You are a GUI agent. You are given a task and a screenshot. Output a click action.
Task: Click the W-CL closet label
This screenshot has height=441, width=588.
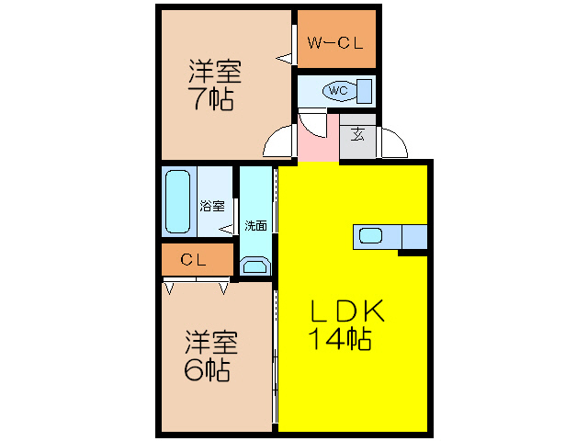[x=335, y=41]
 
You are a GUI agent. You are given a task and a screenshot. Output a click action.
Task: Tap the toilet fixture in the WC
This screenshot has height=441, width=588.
[x=339, y=91]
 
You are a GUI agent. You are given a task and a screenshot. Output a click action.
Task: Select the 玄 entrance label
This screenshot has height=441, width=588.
[x=358, y=134]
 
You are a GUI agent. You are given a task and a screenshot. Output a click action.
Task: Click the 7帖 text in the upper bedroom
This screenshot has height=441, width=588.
[x=211, y=98]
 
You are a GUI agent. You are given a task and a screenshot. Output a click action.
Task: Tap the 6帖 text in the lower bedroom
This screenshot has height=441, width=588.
[x=206, y=370]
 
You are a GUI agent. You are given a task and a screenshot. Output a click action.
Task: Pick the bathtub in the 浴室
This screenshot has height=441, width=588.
[x=177, y=202]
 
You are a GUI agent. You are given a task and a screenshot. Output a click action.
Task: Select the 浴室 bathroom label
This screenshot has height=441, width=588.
[x=212, y=206]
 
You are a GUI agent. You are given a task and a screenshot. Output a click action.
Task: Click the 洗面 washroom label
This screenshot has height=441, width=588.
[x=256, y=225]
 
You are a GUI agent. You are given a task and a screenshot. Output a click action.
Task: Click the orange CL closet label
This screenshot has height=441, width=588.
[x=194, y=260]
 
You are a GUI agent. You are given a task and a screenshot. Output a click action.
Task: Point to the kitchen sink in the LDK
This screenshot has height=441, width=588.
[x=371, y=236]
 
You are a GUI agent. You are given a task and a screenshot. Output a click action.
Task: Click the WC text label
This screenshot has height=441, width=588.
[x=337, y=90]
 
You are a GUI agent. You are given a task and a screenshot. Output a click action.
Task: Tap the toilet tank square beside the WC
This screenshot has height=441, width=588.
[x=365, y=91]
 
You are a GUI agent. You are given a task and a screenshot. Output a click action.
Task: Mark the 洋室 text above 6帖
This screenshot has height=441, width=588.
[x=210, y=342]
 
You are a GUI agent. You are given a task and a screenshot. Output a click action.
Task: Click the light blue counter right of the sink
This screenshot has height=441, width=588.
[x=414, y=236]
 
